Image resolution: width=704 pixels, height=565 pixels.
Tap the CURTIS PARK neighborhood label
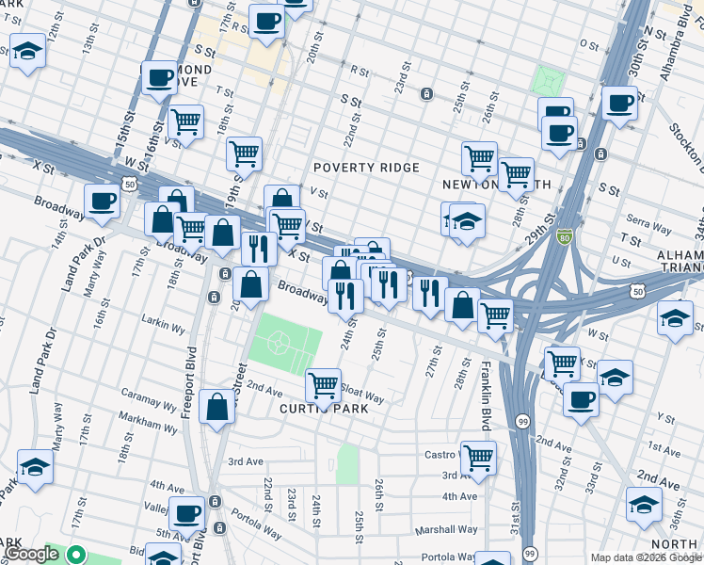pyautogui.click(x=322, y=409)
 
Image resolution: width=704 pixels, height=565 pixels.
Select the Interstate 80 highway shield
pyautogui.click(x=564, y=237)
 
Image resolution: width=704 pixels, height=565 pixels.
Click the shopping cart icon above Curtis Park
pyautogui.click(x=324, y=384)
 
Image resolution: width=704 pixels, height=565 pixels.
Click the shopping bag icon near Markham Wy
pyautogui.click(x=216, y=409)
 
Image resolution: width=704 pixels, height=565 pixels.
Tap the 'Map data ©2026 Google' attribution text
pyautogui.click(x=646, y=557)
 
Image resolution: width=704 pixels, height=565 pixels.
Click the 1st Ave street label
pyautogui.click(x=664, y=453)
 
